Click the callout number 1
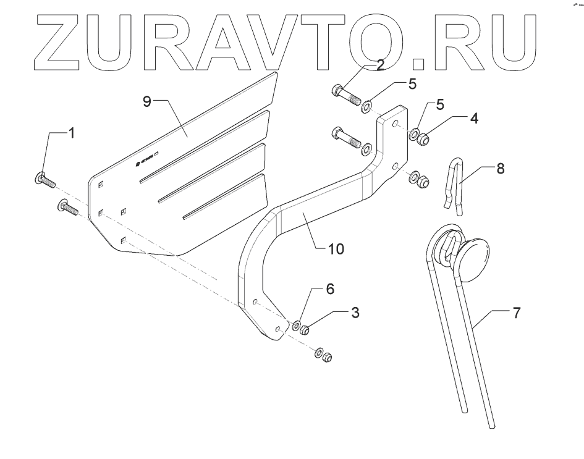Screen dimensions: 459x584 tap(72, 133)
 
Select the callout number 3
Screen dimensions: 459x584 tap(354, 313)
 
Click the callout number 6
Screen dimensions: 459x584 tap(330, 288)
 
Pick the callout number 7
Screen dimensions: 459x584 tap(517, 313)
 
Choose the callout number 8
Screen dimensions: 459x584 tap(499, 168)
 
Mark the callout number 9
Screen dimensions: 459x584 tap(147, 102)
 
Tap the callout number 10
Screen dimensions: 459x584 tap(336, 250)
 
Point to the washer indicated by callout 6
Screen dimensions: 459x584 tap(296, 325)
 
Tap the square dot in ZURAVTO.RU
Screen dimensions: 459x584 tap(419, 61)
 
